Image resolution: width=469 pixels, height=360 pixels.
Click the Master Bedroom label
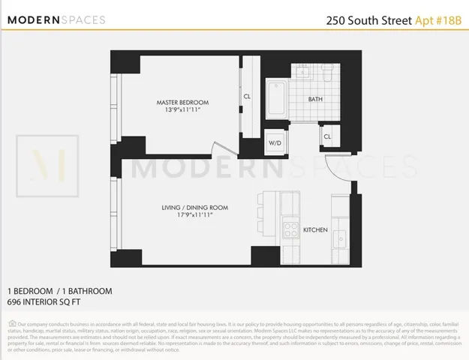point(182,102)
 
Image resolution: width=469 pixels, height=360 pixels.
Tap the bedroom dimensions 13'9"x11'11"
point(182,110)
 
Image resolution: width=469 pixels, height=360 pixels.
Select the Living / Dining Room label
point(194,207)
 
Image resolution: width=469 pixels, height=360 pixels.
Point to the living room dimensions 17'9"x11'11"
point(194,215)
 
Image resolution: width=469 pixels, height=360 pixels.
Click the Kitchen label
point(314,229)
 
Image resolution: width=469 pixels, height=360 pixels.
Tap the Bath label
point(316,99)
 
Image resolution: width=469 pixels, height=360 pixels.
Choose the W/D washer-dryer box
point(275,142)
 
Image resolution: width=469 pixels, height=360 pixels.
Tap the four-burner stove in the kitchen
point(290,229)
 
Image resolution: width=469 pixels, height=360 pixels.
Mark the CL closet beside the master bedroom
point(247,96)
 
